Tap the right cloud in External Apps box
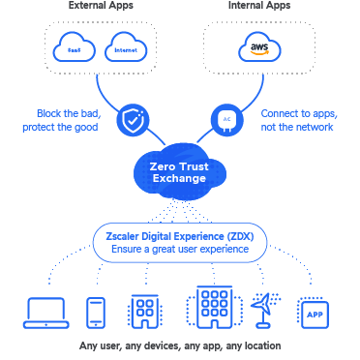(124, 46)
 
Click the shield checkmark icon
(131, 121)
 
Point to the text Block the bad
(70, 113)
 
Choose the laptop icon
(44, 310)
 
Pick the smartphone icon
(96, 310)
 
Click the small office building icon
(144, 310)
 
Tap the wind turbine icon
(263, 308)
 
